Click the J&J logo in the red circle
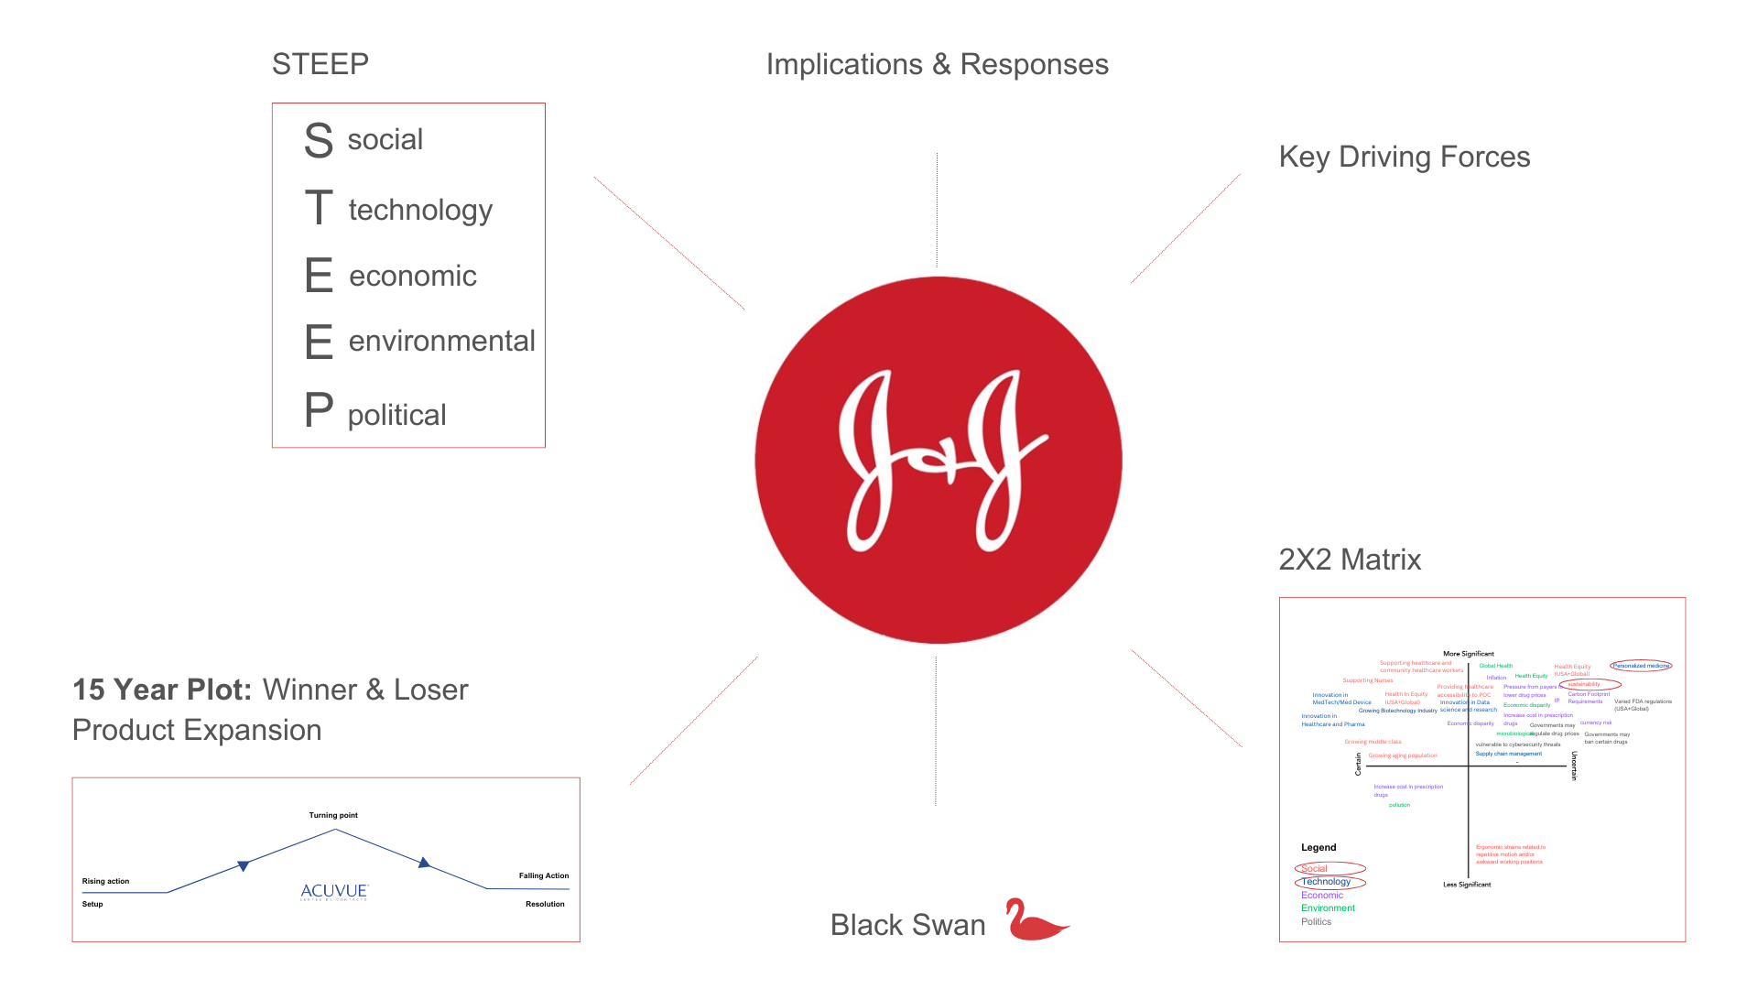(939, 460)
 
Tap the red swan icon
(1036, 920)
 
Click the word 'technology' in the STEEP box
(420, 210)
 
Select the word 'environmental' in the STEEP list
(441, 341)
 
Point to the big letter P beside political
(319, 410)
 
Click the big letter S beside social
(319, 140)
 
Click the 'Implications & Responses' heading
(937, 64)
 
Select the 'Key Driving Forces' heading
(1404, 157)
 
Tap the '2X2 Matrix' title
(1349, 560)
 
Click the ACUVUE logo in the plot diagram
(334, 891)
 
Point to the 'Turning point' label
(333, 815)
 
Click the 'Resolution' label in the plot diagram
(545, 904)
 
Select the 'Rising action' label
(105, 881)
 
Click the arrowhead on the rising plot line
(243, 865)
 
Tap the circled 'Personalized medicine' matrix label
(1641, 666)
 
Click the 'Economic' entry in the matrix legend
(1321, 896)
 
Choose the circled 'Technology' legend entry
(1326, 882)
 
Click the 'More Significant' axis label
(1468, 654)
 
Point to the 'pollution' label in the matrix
(1399, 805)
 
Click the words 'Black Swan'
(907, 925)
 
